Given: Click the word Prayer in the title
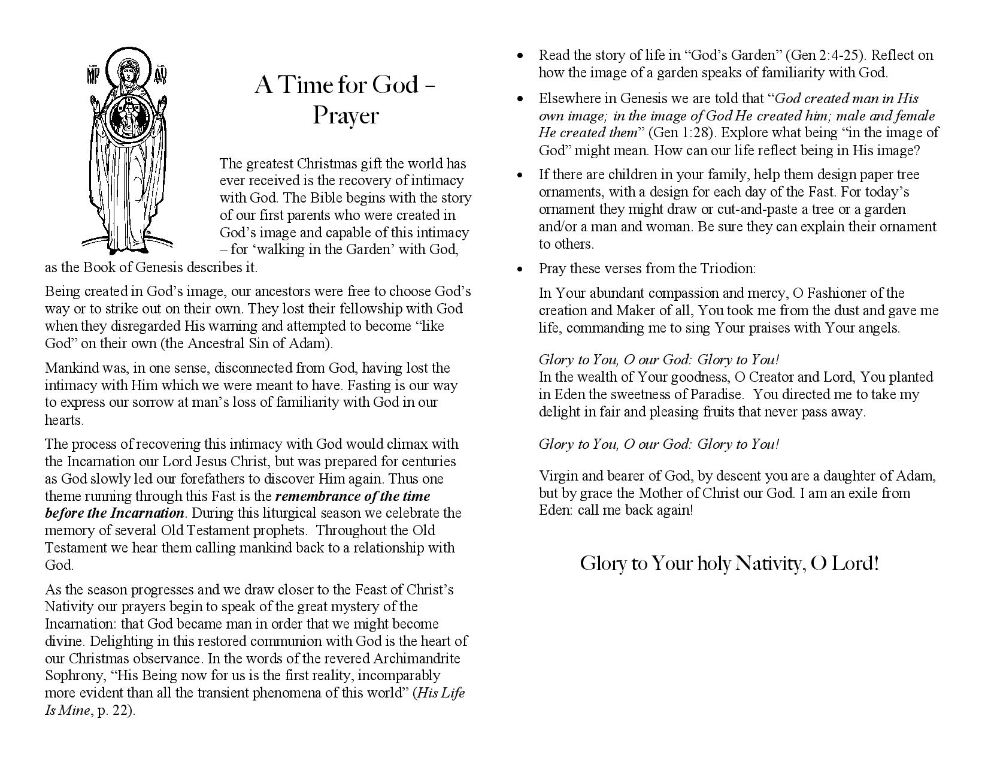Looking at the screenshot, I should tap(346, 116).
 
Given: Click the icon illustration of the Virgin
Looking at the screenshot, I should tap(128, 150).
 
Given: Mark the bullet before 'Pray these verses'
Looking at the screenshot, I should tap(520, 268).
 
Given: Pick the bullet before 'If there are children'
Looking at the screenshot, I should tap(520, 175).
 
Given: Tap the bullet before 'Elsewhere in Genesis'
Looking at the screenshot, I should tap(520, 98).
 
